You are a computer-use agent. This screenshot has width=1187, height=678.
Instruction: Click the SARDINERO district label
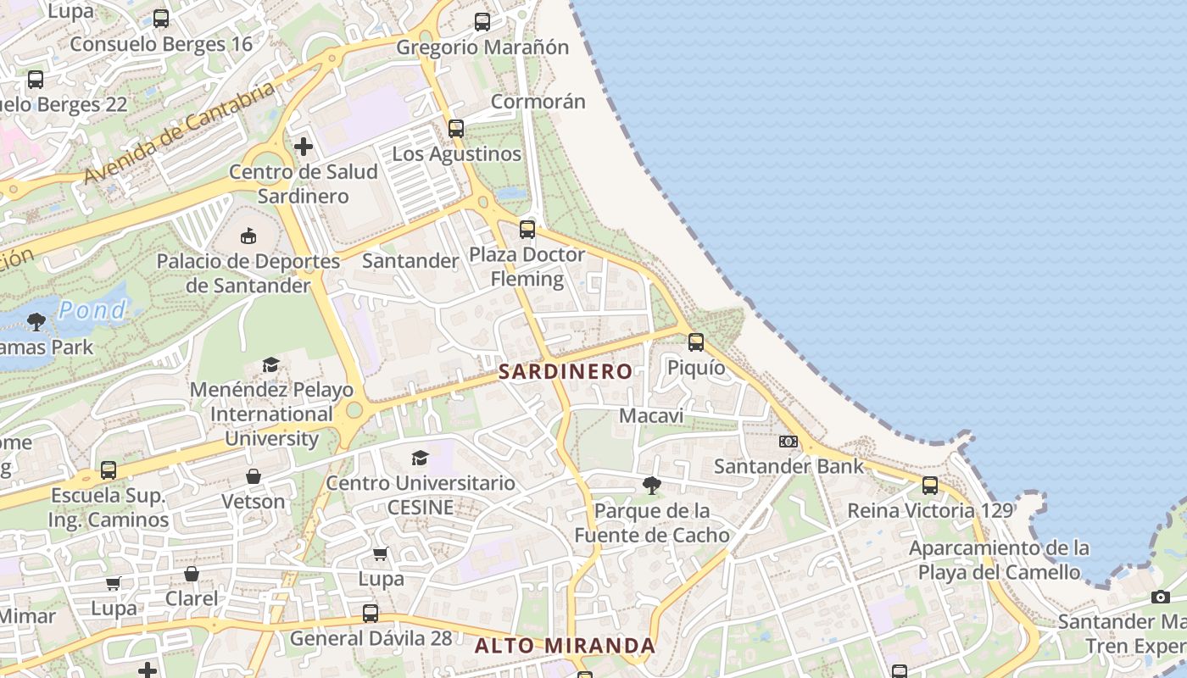[565, 371]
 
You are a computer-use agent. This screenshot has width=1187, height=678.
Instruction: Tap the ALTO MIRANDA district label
[565, 646]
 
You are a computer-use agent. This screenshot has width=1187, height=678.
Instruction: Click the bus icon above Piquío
[696, 342]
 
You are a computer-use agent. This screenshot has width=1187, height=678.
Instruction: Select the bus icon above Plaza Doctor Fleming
[527, 229]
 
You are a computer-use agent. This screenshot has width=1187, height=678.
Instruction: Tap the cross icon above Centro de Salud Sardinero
[303, 147]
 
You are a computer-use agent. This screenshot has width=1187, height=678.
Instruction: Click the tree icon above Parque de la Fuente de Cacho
[651, 486]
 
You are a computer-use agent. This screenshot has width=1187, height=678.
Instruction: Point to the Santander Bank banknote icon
[789, 442]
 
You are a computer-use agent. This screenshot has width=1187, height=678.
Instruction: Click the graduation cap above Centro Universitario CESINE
[420, 458]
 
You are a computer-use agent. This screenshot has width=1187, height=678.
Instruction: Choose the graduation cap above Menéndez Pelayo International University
[270, 364]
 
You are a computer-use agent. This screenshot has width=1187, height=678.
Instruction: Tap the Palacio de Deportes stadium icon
[248, 236]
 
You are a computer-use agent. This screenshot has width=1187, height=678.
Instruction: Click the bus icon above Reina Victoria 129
[930, 486]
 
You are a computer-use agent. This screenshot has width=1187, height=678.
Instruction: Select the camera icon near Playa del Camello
[1161, 597]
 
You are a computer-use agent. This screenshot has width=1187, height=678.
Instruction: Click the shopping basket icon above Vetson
[253, 476]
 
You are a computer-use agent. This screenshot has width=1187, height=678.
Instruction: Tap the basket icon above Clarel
[192, 574]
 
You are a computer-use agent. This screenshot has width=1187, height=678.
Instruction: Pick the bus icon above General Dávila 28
[371, 613]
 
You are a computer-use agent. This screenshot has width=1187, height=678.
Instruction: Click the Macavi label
[651, 416]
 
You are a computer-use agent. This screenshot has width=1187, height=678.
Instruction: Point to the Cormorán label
[538, 102]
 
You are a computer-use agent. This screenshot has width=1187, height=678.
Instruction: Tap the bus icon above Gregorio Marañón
[482, 22]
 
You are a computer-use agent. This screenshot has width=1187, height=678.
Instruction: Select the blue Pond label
[92, 310]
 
